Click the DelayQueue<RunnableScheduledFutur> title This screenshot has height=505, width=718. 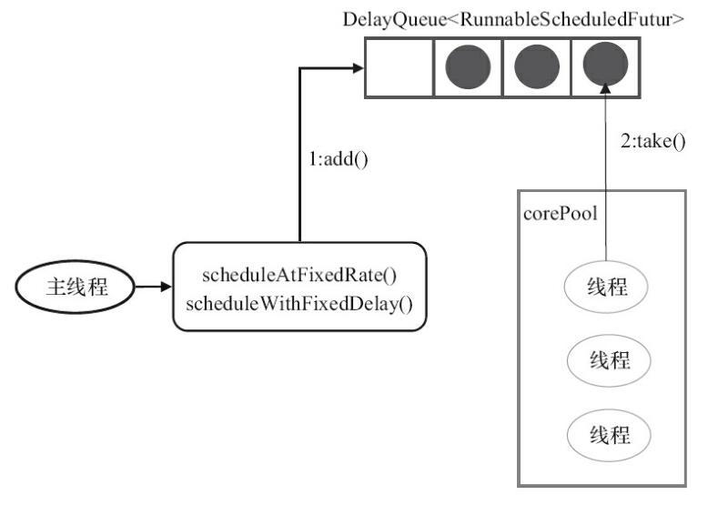point(514,18)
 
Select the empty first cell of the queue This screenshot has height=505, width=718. point(399,67)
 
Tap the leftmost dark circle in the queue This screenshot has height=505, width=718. point(468,67)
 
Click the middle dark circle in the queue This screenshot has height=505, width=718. point(537,67)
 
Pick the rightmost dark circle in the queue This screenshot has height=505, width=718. point(605,67)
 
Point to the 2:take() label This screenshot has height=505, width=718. point(651,140)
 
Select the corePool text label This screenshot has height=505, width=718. point(560,213)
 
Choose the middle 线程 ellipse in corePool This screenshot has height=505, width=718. point(609,360)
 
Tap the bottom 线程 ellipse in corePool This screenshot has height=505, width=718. point(609,433)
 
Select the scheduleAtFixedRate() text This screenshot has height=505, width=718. point(299,275)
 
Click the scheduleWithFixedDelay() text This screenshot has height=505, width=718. point(299,303)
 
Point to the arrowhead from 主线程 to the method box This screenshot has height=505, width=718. point(166,288)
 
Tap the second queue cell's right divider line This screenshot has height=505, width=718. point(502,67)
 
